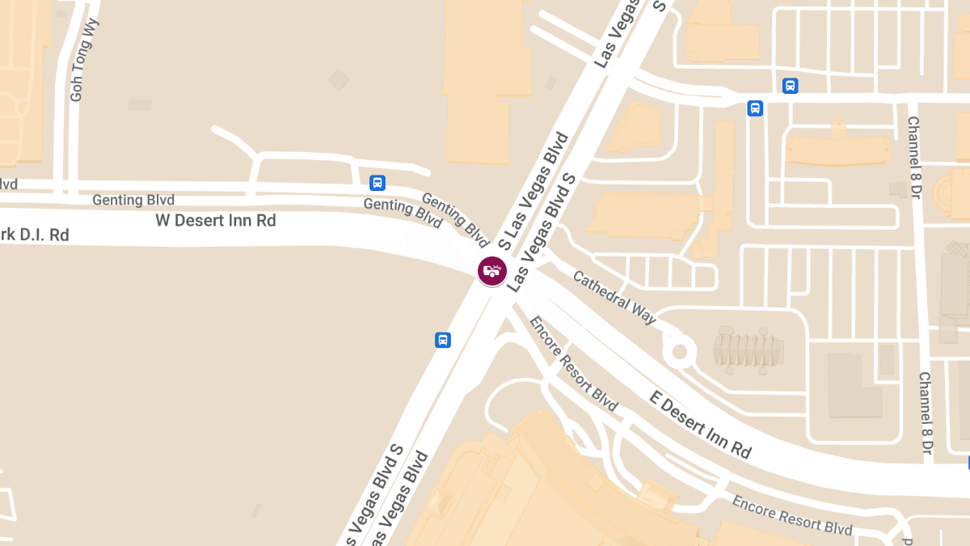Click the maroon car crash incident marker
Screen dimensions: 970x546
pos(491,270)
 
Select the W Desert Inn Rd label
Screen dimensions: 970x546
pos(216,221)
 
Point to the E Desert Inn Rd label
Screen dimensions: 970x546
pos(701,423)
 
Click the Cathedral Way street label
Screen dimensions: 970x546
pos(614,297)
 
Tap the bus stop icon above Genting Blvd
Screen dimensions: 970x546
pos(377,183)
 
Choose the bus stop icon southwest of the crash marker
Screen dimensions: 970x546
pos(443,340)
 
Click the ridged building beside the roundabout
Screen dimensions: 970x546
pos(748,350)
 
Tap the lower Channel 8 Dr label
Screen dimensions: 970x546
pos(926,413)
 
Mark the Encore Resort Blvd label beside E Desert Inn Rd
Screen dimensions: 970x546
pos(573,362)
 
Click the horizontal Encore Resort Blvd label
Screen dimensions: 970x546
pos(791,515)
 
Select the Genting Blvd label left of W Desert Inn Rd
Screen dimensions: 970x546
pos(133,200)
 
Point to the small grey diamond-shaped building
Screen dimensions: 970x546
pos(339,79)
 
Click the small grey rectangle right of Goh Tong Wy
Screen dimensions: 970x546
pos(140,104)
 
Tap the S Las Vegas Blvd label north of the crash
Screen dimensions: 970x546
pos(534,191)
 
